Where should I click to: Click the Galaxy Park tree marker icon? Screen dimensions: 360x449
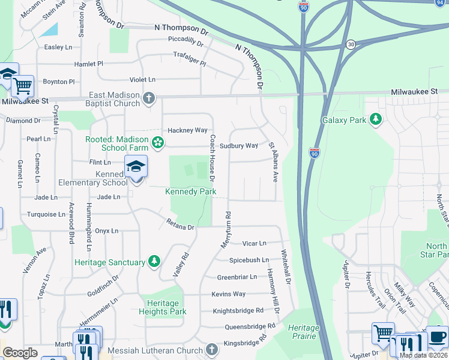coord(376,120)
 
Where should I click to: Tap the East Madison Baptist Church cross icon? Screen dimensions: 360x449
coord(149,98)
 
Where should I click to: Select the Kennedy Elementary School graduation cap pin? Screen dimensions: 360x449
coord(136,167)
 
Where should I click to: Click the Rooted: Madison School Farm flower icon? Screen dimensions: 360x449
coord(158,143)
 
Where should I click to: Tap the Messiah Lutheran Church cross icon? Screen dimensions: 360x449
coord(211,350)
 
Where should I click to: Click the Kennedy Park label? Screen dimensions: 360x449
coord(190,191)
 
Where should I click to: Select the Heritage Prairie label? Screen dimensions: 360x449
coord(304,332)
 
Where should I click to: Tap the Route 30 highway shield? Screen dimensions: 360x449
coord(351,44)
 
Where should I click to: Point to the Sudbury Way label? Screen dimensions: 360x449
coord(238,146)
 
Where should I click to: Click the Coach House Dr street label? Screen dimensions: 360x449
coord(212,157)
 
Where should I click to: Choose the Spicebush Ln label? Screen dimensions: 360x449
coord(248,260)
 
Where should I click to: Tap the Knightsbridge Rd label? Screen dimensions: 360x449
coord(238,311)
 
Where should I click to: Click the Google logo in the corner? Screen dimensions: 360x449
coord(20,352)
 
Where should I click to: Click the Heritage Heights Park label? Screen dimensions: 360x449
coord(163,307)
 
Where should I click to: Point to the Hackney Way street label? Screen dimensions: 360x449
coord(187,130)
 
